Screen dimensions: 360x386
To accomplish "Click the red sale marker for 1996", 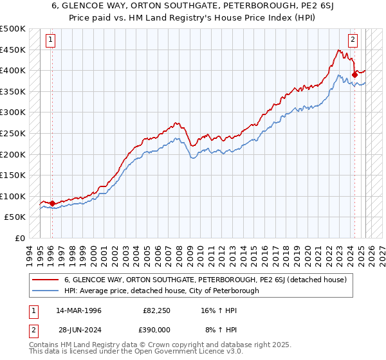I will (x=52, y=204).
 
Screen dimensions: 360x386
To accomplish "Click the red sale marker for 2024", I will (x=354, y=75).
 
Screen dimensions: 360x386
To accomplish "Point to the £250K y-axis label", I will (x=13, y=133).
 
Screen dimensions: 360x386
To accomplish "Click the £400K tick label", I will (x=13, y=70).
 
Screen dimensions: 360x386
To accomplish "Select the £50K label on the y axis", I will (x=15, y=217).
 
